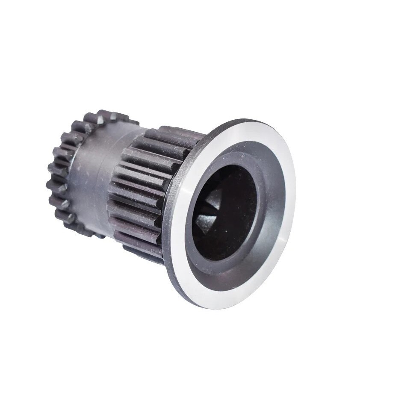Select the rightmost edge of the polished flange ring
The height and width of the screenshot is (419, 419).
(299, 201)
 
